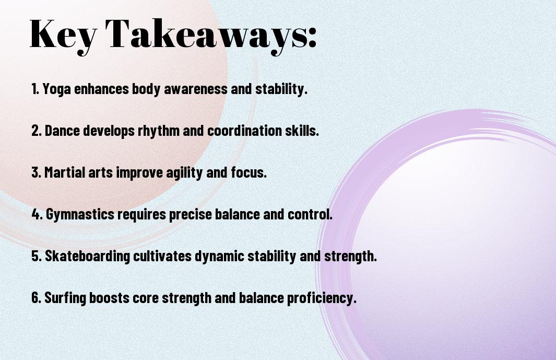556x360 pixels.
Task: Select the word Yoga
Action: point(57,89)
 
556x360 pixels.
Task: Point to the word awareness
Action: point(195,89)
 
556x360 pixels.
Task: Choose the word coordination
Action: point(245,131)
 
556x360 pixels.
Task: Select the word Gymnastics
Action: point(80,214)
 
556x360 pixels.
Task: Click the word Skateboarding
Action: point(88,257)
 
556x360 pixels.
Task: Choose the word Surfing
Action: point(65,298)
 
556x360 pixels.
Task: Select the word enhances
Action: point(101,89)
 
